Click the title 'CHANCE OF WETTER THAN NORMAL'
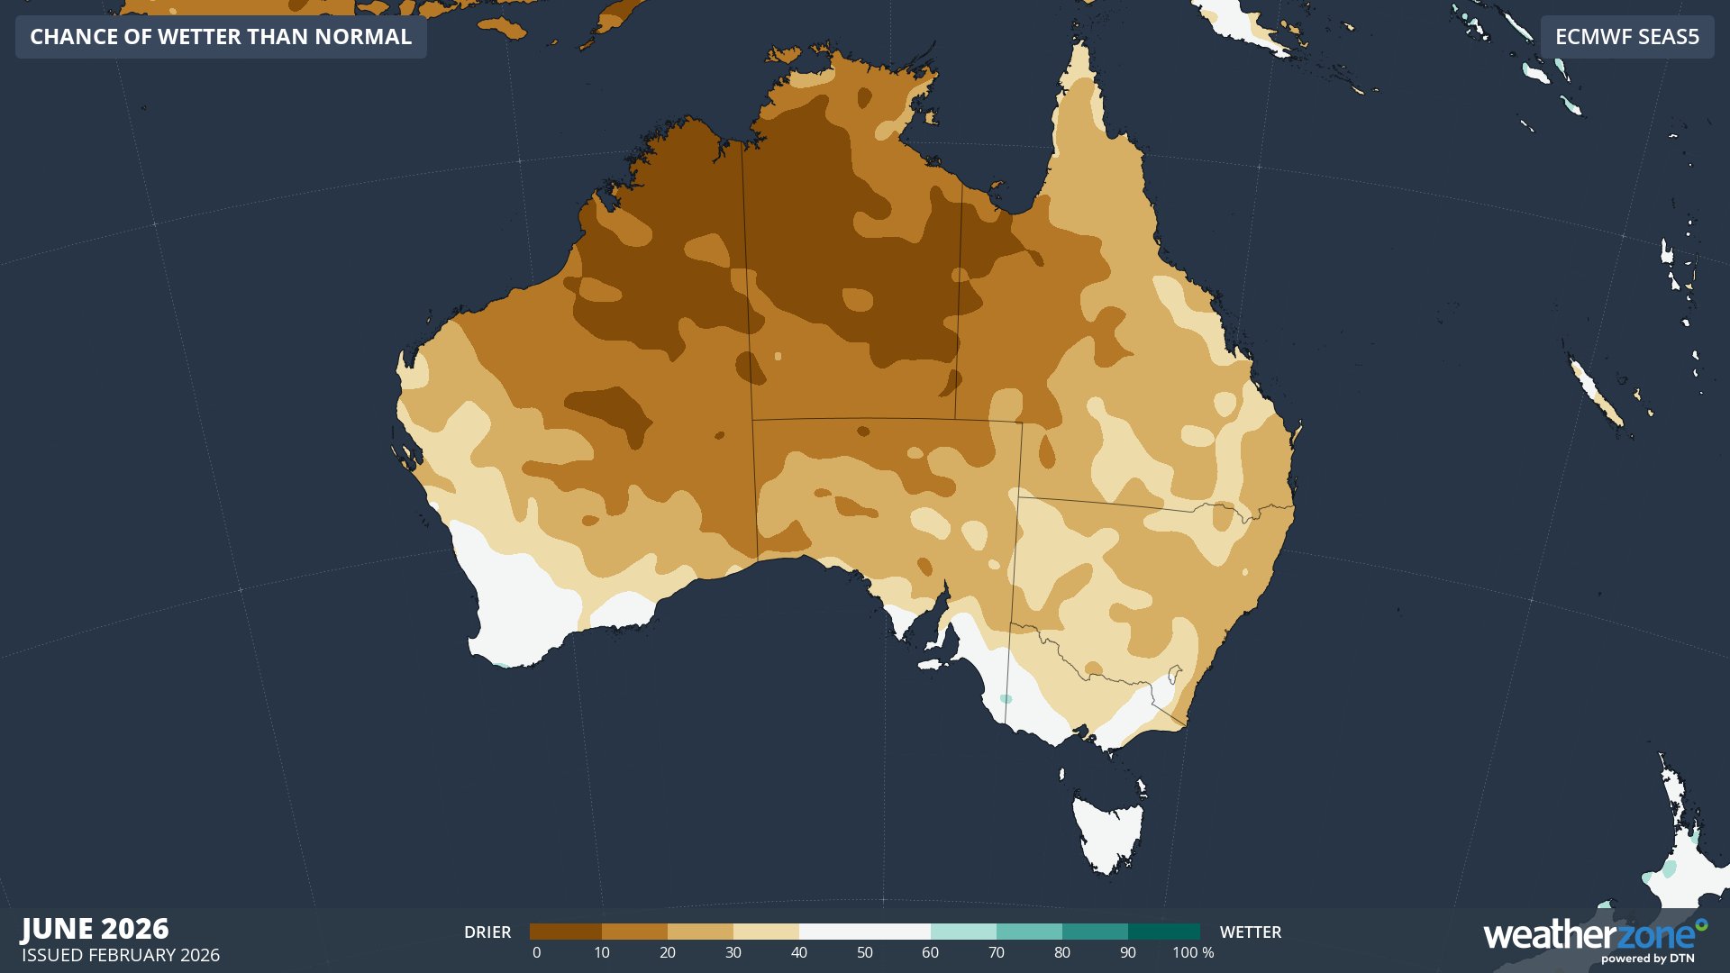pos(221,37)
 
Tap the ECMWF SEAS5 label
pos(1626,37)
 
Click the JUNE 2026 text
pos(95,929)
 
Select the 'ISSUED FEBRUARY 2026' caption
pos(121,955)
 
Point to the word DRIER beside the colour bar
pos(487,932)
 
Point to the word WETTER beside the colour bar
pos(1250,932)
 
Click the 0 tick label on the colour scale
pos(536,953)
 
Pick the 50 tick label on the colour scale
pos(864,953)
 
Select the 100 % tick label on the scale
pos(1193,953)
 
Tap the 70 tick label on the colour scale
pos(996,953)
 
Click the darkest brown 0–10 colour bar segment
pos(565,932)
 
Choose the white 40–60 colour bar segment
pos(864,932)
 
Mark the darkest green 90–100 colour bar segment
pos(1163,932)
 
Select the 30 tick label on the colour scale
pos(733,953)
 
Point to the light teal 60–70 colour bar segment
pos(963,932)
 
